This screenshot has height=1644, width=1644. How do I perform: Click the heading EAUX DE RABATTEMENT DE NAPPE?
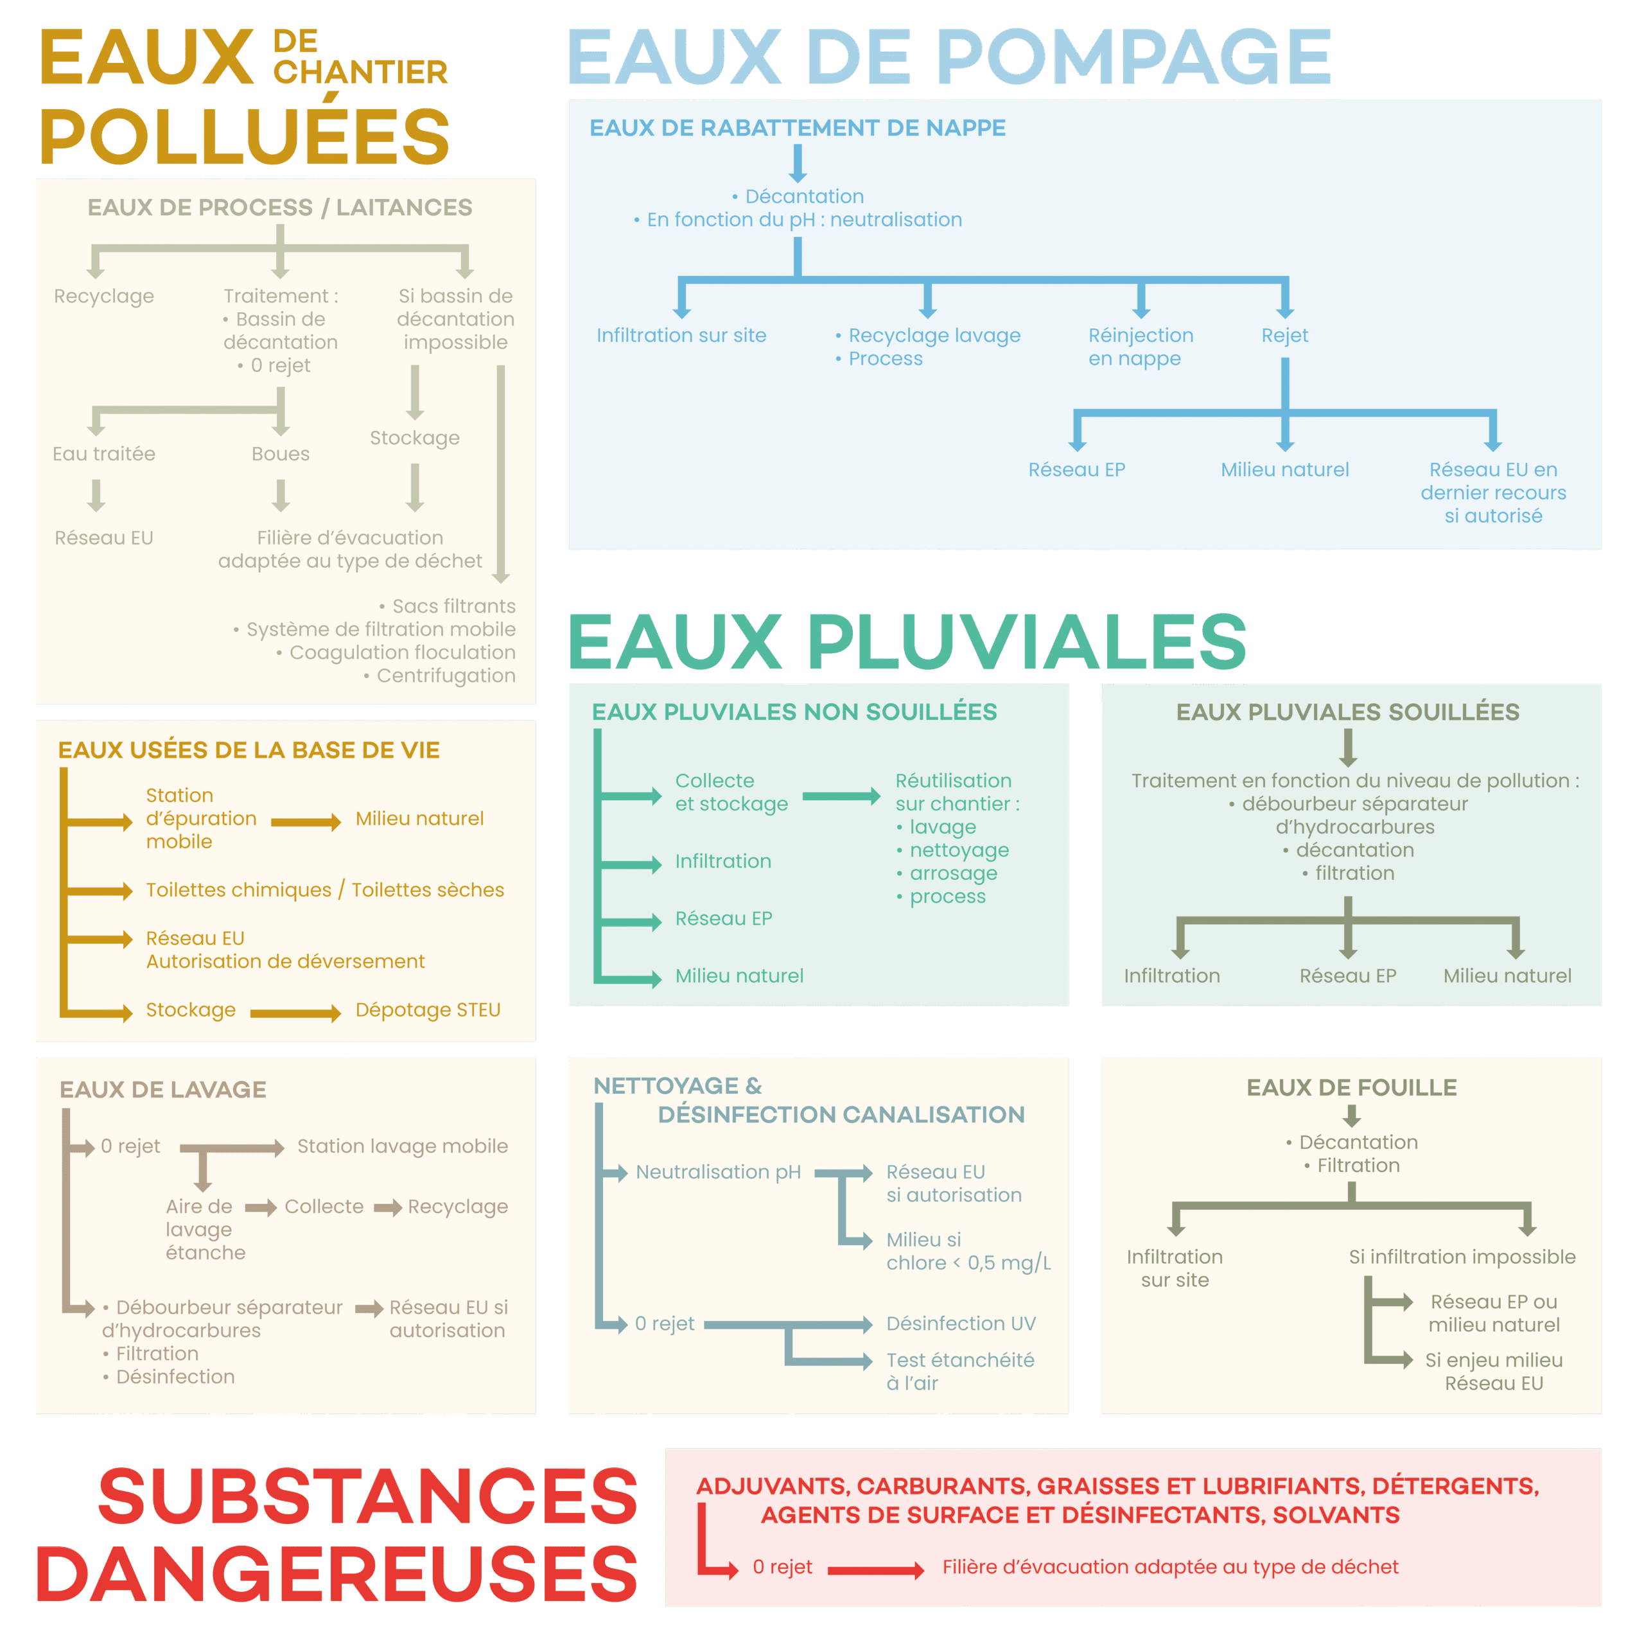point(798,128)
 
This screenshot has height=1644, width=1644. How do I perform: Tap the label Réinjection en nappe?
point(1141,346)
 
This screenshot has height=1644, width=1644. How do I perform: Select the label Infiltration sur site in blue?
point(681,335)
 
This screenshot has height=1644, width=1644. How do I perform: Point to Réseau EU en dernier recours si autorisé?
point(1492,492)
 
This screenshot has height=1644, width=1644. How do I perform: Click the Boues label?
point(280,453)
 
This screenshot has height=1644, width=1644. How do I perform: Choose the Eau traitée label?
point(104,453)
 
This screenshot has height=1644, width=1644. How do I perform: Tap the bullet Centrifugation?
point(445,676)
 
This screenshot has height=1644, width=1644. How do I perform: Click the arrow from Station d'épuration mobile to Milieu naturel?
point(306,821)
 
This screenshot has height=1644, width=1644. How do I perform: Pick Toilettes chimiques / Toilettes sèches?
point(324,889)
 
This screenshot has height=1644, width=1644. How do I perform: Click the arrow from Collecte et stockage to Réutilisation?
point(841,796)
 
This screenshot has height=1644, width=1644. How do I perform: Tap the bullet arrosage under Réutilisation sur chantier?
point(952,873)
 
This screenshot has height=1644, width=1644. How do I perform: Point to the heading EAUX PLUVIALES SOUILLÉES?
point(1347,712)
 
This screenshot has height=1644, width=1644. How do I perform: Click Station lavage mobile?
point(401,1146)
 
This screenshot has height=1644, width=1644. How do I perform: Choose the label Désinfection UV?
point(961,1323)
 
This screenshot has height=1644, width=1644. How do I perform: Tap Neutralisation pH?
point(717,1172)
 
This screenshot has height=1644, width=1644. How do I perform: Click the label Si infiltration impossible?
point(1461,1257)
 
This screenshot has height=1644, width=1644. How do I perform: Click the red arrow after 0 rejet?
point(875,1570)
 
